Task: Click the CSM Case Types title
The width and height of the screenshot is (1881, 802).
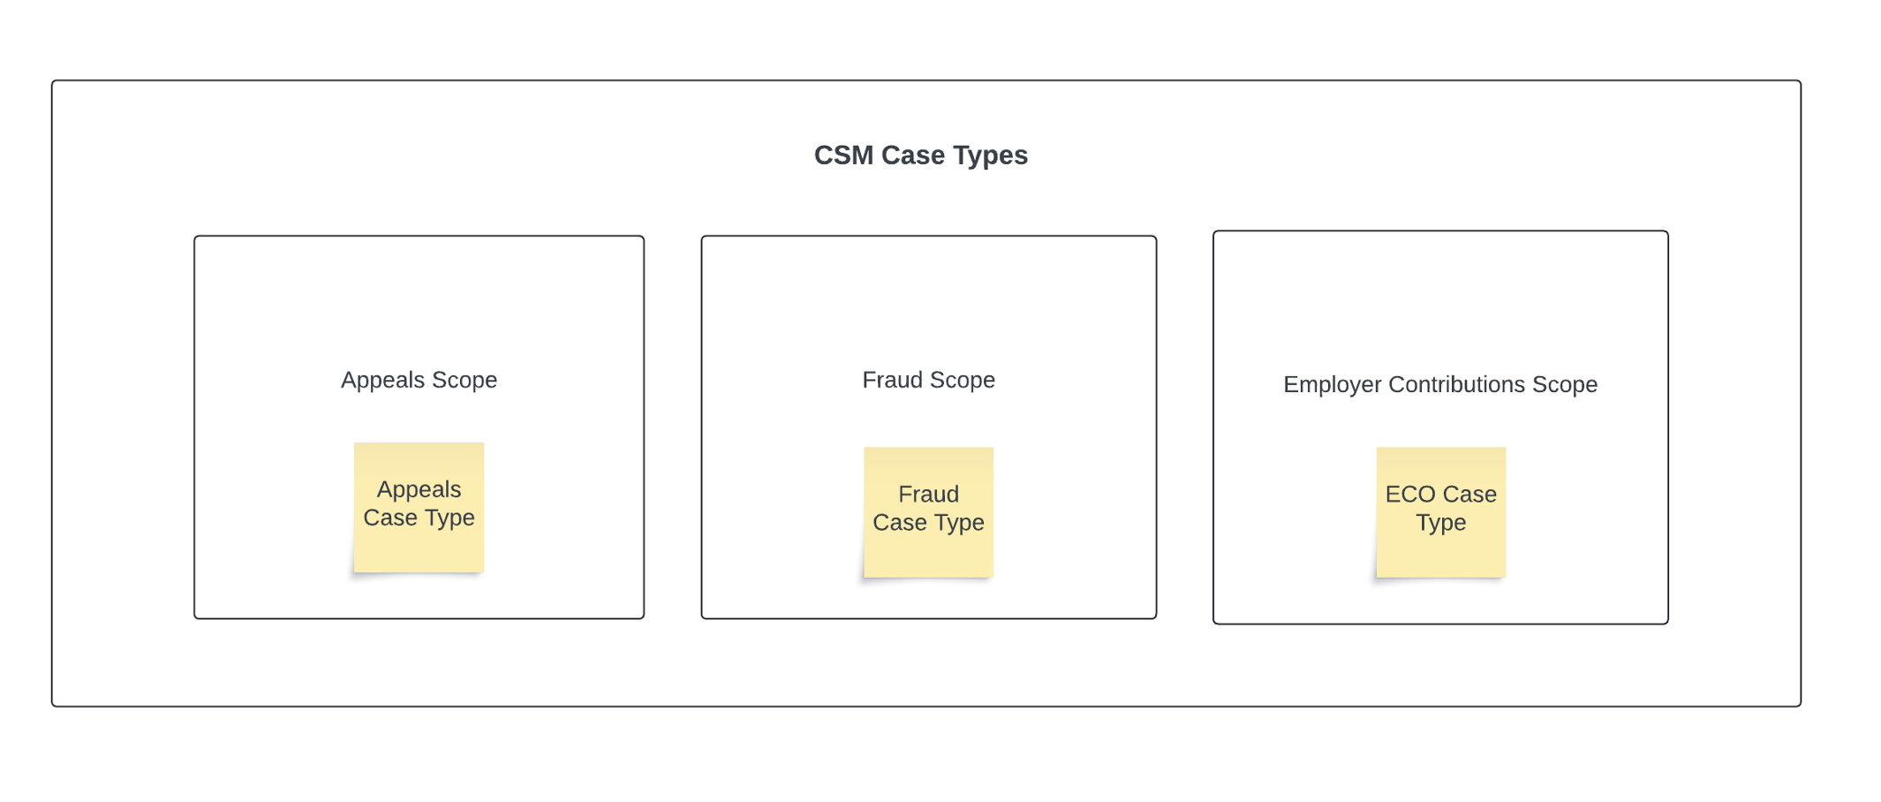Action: (920, 155)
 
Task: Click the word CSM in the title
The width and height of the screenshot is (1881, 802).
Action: (842, 155)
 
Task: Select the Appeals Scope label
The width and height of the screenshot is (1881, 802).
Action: (419, 380)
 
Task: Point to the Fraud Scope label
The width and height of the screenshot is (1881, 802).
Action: (928, 380)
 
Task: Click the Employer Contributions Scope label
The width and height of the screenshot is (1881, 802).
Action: (1439, 384)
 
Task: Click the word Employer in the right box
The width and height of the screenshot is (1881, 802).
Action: (1332, 384)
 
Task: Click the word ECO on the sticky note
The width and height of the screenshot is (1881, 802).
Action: (1410, 495)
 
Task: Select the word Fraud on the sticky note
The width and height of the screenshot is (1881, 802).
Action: (928, 495)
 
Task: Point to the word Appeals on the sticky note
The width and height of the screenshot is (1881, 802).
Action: (419, 489)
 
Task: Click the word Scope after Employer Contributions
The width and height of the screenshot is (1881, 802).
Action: (1565, 384)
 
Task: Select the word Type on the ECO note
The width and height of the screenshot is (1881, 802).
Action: (1440, 523)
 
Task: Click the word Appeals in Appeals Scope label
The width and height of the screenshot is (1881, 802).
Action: (383, 380)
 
